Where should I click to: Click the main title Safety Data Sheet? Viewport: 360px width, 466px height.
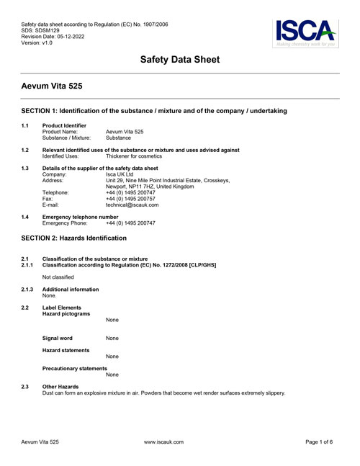(x=179, y=60)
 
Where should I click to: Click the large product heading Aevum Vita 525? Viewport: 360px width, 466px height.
(x=52, y=86)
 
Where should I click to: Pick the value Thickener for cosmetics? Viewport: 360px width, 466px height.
(x=134, y=156)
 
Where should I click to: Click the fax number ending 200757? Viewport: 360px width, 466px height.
(x=130, y=199)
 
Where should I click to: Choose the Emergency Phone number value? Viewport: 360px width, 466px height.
(x=130, y=223)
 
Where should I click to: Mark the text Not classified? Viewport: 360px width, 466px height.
(x=59, y=277)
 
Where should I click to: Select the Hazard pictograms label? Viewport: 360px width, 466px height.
(x=66, y=314)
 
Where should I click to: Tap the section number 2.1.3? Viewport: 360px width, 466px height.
(x=28, y=289)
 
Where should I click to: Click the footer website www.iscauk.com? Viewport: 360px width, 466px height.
(x=163, y=442)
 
